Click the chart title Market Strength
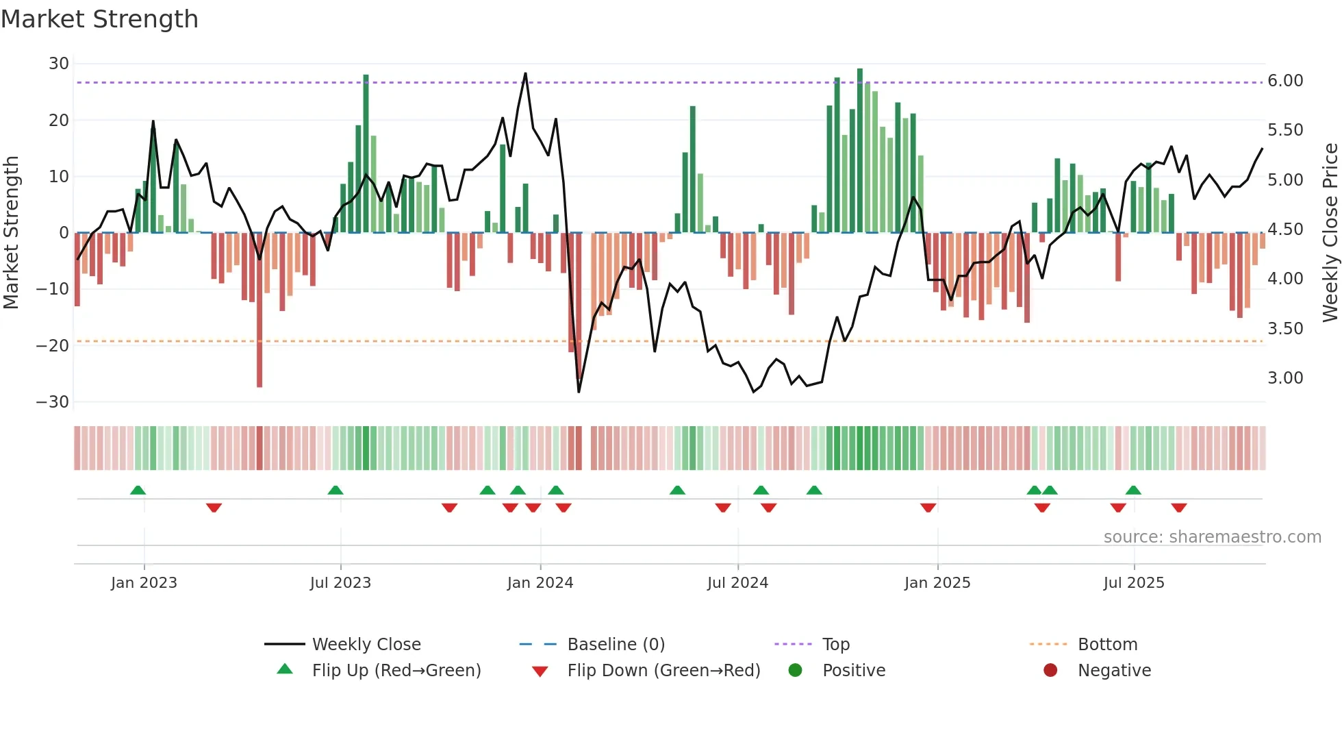[x=99, y=19]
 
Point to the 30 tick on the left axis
[x=59, y=64]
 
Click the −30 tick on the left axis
[x=53, y=402]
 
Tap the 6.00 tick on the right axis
[x=1285, y=81]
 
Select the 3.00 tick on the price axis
[x=1285, y=378]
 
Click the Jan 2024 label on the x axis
[x=540, y=583]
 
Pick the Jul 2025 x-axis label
[x=1133, y=583]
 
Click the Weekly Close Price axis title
[x=1330, y=233]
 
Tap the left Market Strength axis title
[x=11, y=233]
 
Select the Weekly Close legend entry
[x=366, y=645]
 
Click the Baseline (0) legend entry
[x=616, y=645]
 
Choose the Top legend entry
[x=835, y=645]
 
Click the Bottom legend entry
[x=1107, y=645]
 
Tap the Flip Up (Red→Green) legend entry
[x=396, y=671]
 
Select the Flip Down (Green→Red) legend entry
[x=663, y=671]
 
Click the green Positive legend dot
[x=795, y=671]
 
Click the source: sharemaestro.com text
[x=1212, y=537]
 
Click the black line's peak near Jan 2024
[x=525, y=73]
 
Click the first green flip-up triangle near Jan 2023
[x=138, y=491]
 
